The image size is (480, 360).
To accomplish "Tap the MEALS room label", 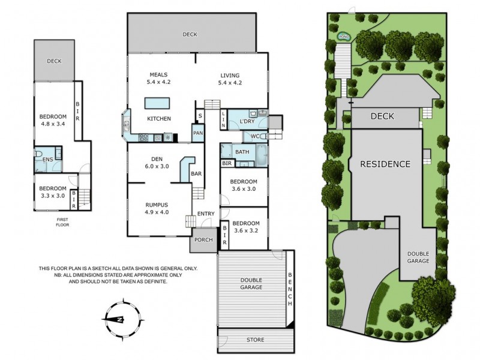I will pyautogui.click(x=158, y=74).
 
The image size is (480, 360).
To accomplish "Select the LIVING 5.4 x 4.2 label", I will pyautogui.click(x=230, y=79).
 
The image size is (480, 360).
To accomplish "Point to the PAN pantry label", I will pyautogui.click(x=197, y=133).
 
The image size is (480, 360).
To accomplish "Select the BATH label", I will pyautogui.click(x=242, y=152).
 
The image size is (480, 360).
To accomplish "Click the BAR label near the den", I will pyautogui.click(x=196, y=174).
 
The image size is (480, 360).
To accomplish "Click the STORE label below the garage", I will pyautogui.click(x=255, y=340).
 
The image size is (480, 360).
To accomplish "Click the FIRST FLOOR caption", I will pyautogui.click(x=62, y=222).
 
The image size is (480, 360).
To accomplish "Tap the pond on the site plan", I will pyautogui.click(x=344, y=37).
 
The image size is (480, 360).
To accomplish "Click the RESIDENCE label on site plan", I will pyautogui.click(x=385, y=164).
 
